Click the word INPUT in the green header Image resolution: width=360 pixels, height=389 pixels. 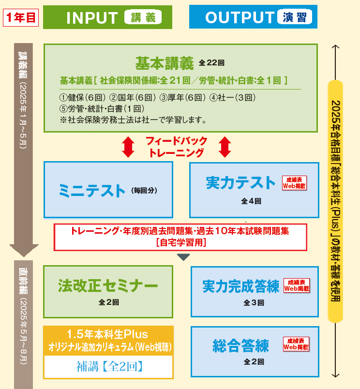pos(92,17)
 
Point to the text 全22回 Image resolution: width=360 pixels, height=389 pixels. pos(212,63)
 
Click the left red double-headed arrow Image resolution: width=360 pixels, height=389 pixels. pos(128,147)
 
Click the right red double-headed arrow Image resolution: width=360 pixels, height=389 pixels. pos(225,147)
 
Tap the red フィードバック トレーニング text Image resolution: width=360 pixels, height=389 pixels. pos(176,147)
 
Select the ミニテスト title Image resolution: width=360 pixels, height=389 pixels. pos(92,190)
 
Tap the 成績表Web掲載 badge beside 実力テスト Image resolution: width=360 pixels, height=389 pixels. pos(295,182)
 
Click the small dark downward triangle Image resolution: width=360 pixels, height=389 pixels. pos(182,257)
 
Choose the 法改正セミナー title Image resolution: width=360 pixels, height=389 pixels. pos(107,285)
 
